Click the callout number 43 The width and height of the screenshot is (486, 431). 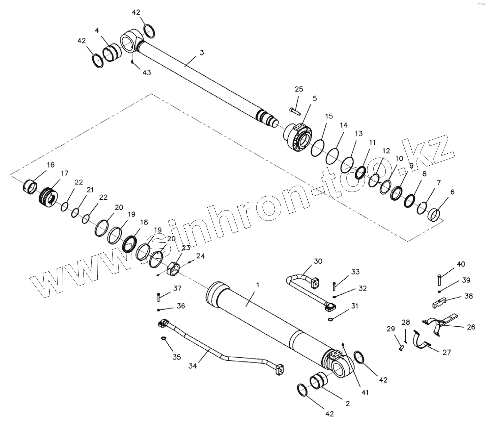pyautogui.click(x=146, y=73)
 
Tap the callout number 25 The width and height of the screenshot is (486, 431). pyautogui.click(x=299, y=89)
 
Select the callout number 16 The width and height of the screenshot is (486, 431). pyautogui.click(x=51, y=165)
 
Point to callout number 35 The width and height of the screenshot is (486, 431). pyautogui.click(x=176, y=357)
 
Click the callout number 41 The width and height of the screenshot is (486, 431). pyautogui.click(x=365, y=393)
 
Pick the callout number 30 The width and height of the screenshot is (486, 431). pyautogui.click(x=318, y=261)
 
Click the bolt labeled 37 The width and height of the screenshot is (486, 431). pyautogui.click(x=159, y=297)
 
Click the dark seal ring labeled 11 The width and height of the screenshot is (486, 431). pyautogui.click(x=360, y=172)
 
